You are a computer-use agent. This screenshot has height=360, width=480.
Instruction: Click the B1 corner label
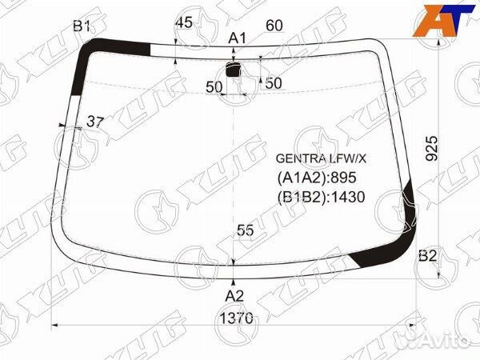click(x=82, y=26)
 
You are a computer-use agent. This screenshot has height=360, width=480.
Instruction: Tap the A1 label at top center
click(x=236, y=38)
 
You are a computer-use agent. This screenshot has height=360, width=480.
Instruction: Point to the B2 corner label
click(x=428, y=256)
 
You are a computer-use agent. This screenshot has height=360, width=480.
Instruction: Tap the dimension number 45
click(x=183, y=23)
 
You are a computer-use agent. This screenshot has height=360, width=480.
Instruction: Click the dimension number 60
click(x=274, y=26)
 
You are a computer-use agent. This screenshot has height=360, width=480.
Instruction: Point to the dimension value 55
click(x=245, y=230)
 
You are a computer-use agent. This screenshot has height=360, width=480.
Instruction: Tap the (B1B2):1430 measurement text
click(x=321, y=197)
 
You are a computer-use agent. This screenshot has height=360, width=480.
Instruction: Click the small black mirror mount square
click(x=234, y=70)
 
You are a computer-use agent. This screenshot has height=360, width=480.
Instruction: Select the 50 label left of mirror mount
click(x=213, y=86)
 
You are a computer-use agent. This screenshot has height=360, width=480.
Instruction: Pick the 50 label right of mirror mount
click(x=274, y=82)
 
